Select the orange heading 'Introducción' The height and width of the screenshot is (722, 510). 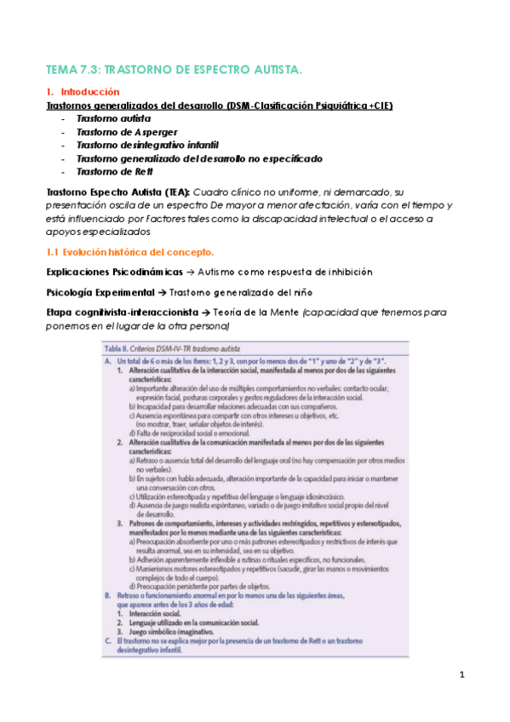(x=89, y=92)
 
